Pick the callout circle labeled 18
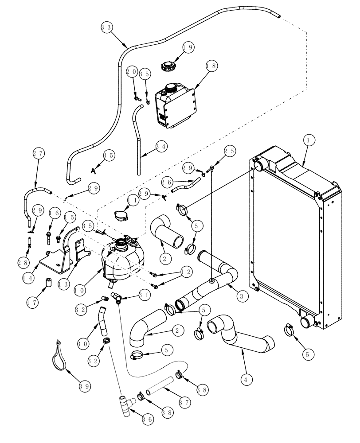click(x=211, y=65)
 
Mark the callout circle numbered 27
click(x=39, y=154)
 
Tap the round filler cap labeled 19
click(x=168, y=66)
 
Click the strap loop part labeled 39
click(x=61, y=356)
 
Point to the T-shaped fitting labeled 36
click(x=125, y=405)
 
